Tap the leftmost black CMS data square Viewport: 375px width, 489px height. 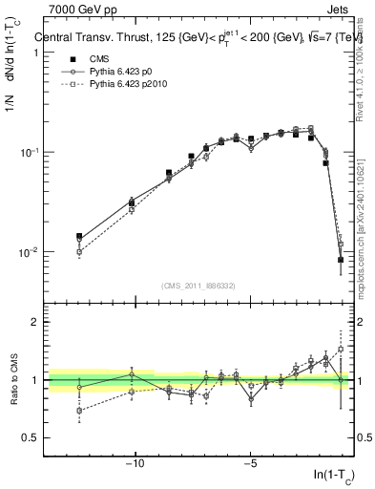79,237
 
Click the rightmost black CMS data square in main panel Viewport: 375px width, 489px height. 341,259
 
